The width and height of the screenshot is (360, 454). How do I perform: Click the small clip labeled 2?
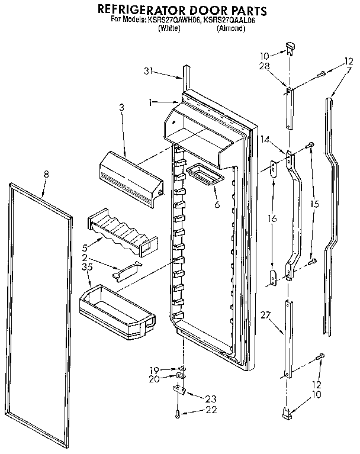tap(128, 271)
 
